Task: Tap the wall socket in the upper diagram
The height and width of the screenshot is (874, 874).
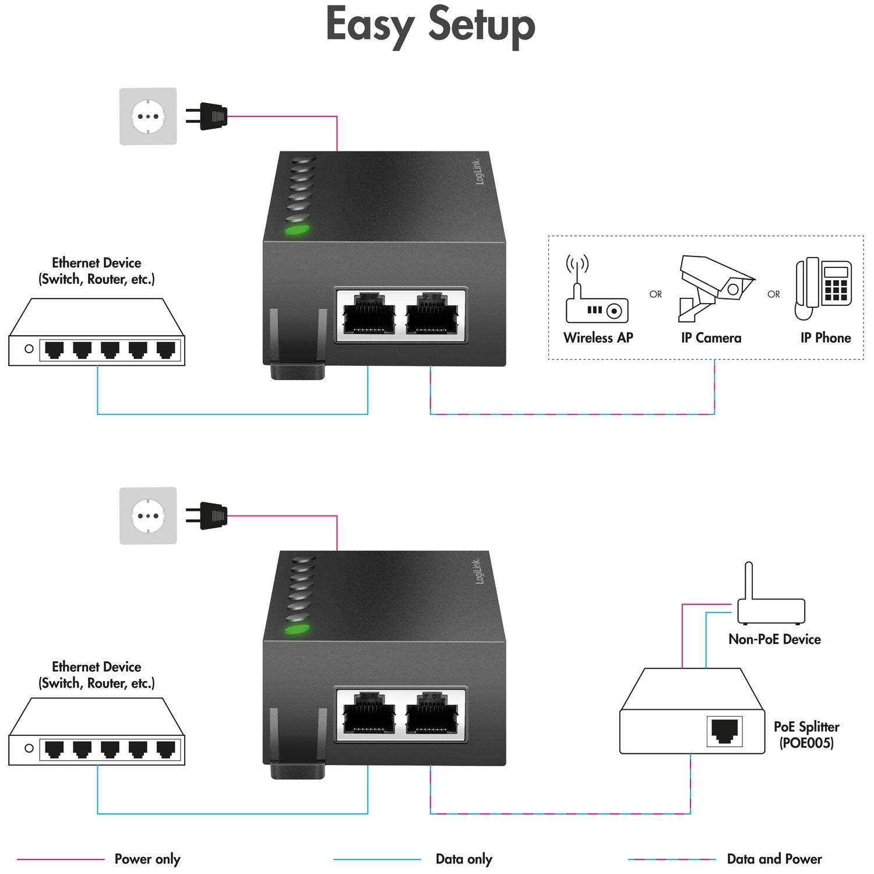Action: [x=148, y=117]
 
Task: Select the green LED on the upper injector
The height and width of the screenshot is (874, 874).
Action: [x=297, y=230]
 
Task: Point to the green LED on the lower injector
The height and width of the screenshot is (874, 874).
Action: [x=297, y=629]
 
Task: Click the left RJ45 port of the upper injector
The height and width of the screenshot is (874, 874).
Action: [x=369, y=315]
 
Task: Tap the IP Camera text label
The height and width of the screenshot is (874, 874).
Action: [x=711, y=338]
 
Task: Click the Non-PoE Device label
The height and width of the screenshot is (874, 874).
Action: [x=774, y=639]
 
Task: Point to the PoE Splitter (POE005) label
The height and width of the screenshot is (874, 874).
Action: [x=806, y=734]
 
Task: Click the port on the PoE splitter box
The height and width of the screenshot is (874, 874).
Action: [x=724, y=731]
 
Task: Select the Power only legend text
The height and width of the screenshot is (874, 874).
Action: [x=147, y=859]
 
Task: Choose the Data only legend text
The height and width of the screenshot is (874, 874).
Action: [x=464, y=859]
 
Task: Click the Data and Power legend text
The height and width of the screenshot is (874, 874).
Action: [x=774, y=859]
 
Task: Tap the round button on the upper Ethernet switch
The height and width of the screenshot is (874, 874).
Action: [x=29, y=348]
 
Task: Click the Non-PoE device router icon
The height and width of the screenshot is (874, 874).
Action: [x=770, y=600]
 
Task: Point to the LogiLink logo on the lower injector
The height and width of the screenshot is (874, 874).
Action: [x=478, y=571]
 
